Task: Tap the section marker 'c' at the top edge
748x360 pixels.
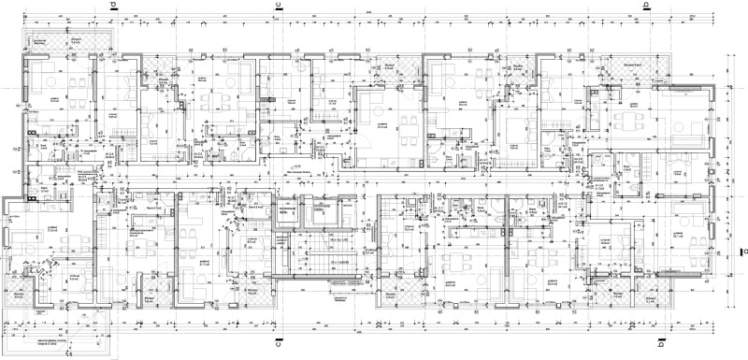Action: pos(277,6)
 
